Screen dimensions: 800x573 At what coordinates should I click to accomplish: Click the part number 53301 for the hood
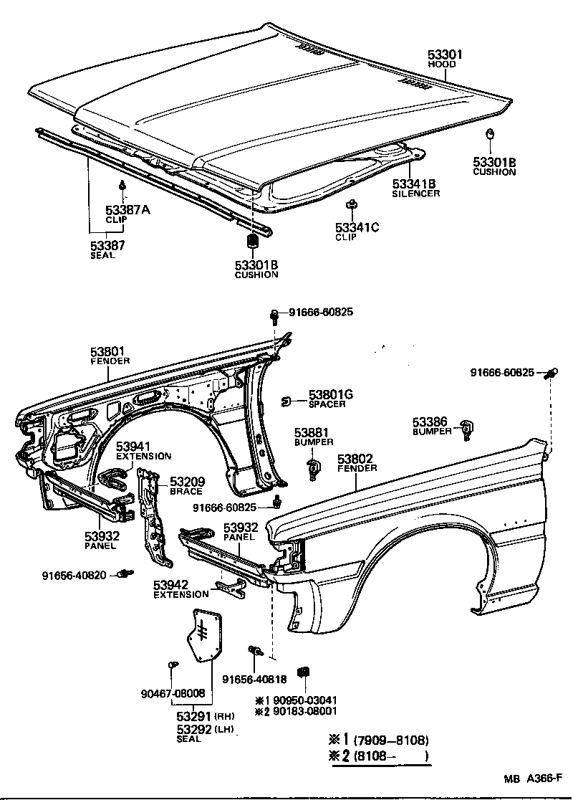coord(446,54)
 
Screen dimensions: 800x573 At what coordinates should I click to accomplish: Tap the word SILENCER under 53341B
coord(415,194)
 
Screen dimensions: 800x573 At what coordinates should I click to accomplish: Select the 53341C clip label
coord(357,228)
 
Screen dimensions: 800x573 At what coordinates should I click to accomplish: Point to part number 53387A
coord(127,209)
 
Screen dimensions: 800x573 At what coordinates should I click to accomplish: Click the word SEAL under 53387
coord(102,254)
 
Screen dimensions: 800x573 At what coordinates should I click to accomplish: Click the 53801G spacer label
coord(330,394)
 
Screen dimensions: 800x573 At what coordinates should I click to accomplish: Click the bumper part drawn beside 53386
coord(469,429)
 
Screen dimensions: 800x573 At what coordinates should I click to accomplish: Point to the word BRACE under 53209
coord(186,492)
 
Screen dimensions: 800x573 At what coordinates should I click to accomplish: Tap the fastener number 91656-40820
coord(74,574)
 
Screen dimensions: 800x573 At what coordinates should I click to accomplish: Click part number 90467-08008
coord(172,693)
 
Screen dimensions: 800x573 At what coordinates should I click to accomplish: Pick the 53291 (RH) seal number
coord(193,716)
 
